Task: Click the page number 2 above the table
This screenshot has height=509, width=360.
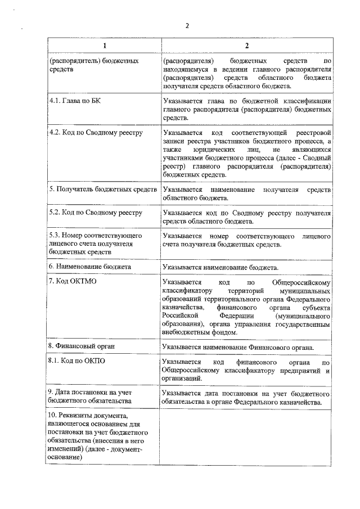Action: (187, 25)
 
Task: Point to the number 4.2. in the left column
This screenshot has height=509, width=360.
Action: (57, 133)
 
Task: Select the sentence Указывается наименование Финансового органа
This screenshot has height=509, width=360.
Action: (237, 348)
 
